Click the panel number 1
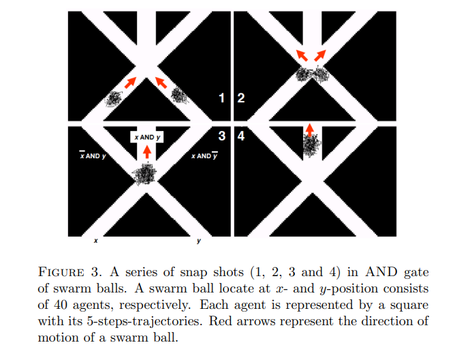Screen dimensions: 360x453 pyautogui.click(x=222, y=98)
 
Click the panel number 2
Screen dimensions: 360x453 pyautogui.click(x=240, y=98)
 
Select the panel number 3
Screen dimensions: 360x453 pyautogui.click(x=222, y=136)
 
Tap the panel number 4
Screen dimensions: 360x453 pyautogui.click(x=240, y=136)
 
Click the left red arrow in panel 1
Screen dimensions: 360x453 pyautogui.click(x=129, y=82)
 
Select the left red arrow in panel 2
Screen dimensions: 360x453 pyautogui.click(x=300, y=55)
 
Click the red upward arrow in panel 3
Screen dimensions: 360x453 pyautogui.click(x=146, y=151)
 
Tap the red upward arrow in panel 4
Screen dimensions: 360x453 pyautogui.click(x=309, y=128)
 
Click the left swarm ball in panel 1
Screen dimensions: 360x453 pyautogui.click(x=114, y=99)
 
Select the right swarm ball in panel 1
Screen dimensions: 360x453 pyautogui.click(x=178, y=95)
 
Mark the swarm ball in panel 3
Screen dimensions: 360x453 pyautogui.click(x=146, y=175)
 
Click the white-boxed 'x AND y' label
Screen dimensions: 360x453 pyautogui.click(x=147, y=138)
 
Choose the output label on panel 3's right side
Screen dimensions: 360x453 pyautogui.click(x=204, y=156)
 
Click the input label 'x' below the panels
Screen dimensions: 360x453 pyautogui.click(x=95, y=241)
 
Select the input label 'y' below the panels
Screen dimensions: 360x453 pyautogui.click(x=198, y=241)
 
